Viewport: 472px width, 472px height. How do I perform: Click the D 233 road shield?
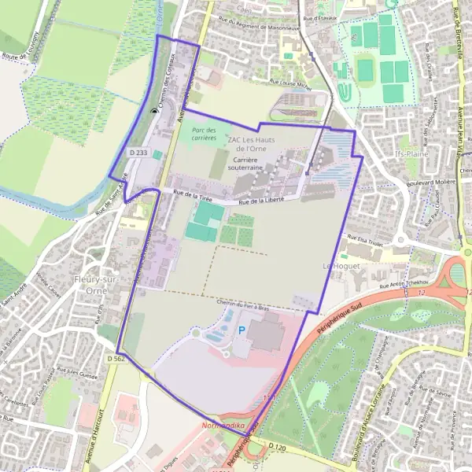pos(138,152)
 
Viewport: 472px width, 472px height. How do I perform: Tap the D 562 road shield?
pos(116,358)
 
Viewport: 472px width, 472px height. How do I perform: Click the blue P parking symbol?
pos(242,331)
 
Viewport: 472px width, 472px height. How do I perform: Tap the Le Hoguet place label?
pos(340,267)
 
